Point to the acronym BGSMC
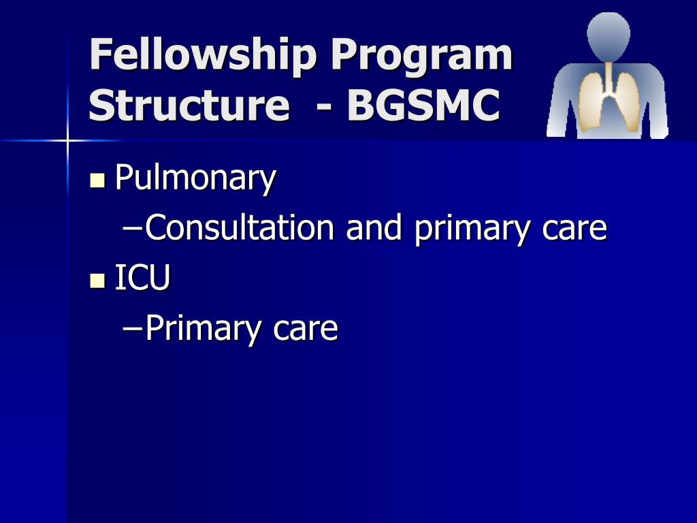point(423,106)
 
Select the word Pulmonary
point(195,178)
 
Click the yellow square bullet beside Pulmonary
point(97,180)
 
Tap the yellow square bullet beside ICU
point(97,280)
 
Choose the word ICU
point(142,278)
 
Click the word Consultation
point(240,228)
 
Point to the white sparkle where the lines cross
point(67,141)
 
